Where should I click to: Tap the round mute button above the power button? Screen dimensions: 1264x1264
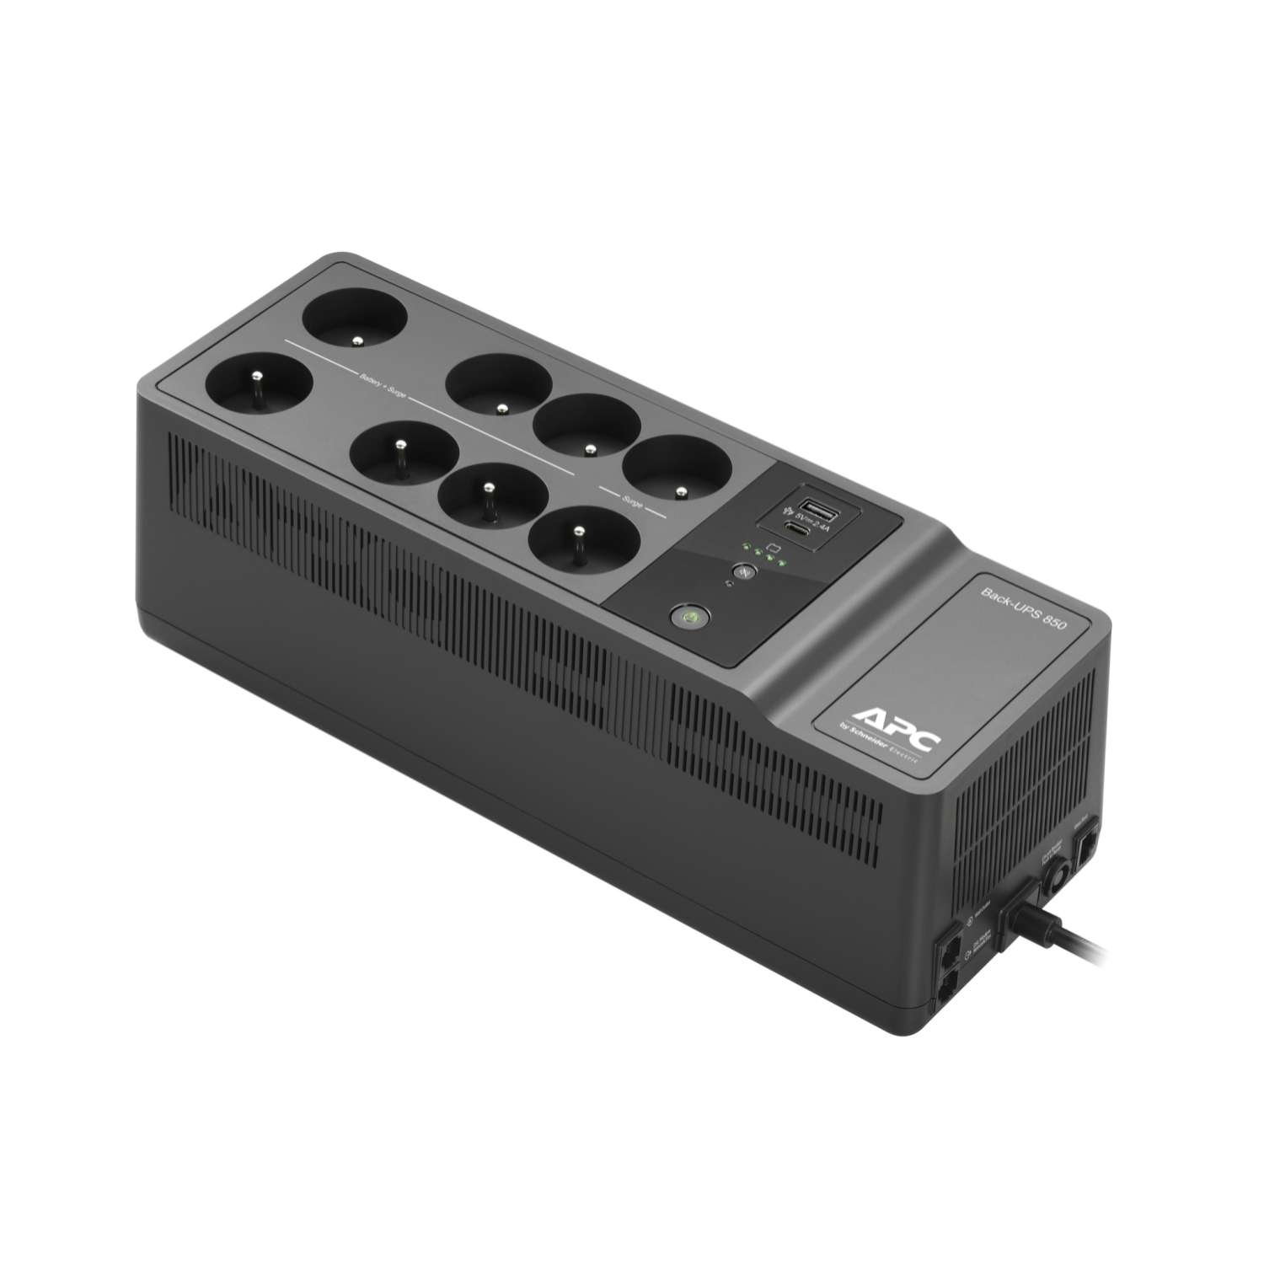point(743,571)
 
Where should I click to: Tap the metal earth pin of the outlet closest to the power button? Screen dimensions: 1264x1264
point(578,531)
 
